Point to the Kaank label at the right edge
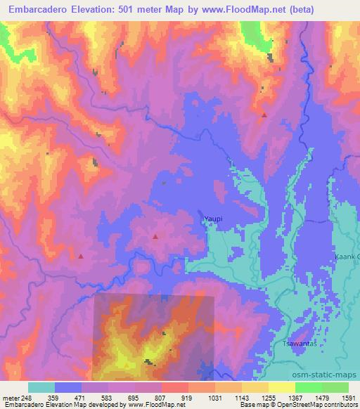(x=348, y=257)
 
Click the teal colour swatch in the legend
(x=41, y=387)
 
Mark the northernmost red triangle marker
(x=264, y=115)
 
